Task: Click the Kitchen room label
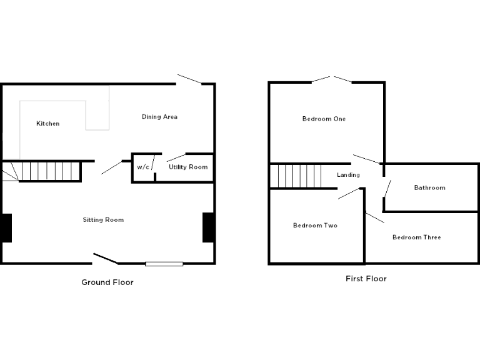pyautogui.click(x=48, y=124)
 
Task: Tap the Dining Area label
pyautogui.click(x=159, y=117)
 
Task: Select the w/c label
pyautogui.click(x=143, y=167)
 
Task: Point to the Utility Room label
pyautogui.click(x=188, y=167)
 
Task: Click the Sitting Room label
pyautogui.click(x=103, y=219)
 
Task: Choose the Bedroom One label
pyautogui.click(x=324, y=119)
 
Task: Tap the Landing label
pyautogui.click(x=348, y=175)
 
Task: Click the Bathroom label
pyautogui.click(x=430, y=187)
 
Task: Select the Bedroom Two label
pyautogui.click(x=315, y=226)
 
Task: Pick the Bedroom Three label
pyautogui.click(x=416, y=237)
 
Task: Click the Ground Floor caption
pyautogui.click(x=107, y=282)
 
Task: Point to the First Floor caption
pyautogui.click(x=366, y=279)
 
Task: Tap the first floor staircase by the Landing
pyautogui.click(x=296, y=176)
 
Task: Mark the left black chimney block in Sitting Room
pyautogui.click(x=6, y=227)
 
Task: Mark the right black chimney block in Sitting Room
pyautogui.click(x=209, y=227)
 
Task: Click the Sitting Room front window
pyautogui.click(x=164, y=264)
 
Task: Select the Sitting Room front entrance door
pyautogui.click(x=106, y=258)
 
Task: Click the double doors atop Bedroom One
pyautogui.click(x=332, y=79)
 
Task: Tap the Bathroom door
pyautogui.click(x=387, y=188)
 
